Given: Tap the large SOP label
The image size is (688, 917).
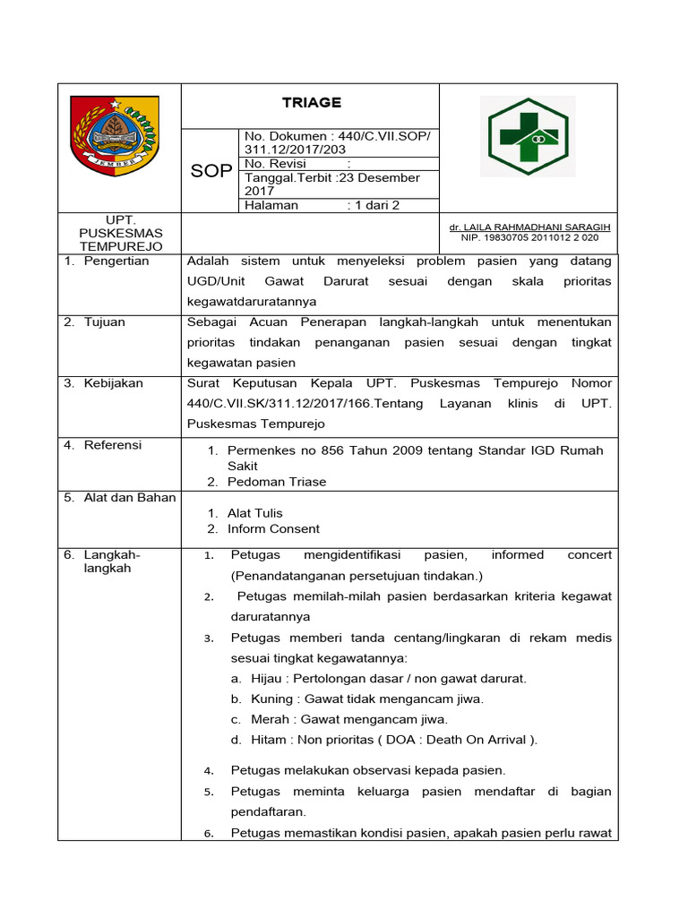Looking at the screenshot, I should coord(211,171).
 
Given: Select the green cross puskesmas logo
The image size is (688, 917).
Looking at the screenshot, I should coord(528,137).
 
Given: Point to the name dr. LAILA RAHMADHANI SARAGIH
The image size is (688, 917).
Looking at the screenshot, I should coord(529,227).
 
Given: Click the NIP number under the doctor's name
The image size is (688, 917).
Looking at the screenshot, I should coord(529,238).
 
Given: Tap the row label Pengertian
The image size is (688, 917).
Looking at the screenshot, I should coord(116,261).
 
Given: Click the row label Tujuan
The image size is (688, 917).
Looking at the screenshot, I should coord(105,322).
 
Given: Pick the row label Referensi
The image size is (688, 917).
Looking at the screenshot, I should coord(113,445).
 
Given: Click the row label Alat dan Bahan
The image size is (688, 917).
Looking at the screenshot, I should coord(130,498).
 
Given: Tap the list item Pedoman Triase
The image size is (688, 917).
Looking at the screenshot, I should coord(277,482).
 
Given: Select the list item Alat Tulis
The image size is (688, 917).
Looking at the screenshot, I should coord(254,513).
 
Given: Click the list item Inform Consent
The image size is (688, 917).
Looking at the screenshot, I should coord(273,528).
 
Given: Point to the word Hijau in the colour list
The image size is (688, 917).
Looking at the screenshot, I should coord(266,679).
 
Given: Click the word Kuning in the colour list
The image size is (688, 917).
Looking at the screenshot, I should coord(271,698).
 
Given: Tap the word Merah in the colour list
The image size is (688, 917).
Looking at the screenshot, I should coord(270,719).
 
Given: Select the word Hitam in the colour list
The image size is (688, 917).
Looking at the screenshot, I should coord(269,740).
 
